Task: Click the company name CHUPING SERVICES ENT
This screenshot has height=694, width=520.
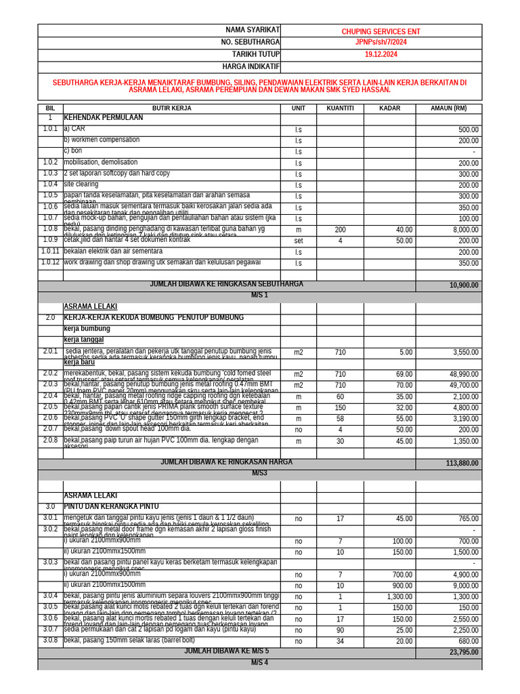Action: [381, 31]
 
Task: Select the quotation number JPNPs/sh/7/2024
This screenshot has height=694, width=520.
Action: [381, 43]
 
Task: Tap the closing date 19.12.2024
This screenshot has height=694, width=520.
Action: [381, 54]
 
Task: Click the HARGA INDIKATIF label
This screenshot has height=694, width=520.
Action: [251, 66]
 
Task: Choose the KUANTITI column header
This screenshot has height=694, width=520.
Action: [340, 108]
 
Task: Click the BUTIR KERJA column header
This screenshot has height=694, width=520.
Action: [171, 108]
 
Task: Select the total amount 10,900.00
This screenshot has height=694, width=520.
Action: [464, 286]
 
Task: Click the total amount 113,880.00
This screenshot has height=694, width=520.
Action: [462, 464]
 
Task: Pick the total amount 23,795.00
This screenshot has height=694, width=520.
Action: [464, 652]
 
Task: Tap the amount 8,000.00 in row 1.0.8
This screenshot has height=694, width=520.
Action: [465, 230]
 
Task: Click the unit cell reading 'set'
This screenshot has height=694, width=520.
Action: [298, 241]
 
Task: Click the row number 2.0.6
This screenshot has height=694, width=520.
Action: [50, 418]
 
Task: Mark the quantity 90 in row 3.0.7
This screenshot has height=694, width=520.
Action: [340, 630]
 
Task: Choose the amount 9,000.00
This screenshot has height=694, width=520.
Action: [465, 586]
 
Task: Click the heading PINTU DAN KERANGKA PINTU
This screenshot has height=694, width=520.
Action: [111, 506]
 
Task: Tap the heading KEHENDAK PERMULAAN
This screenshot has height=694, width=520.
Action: [104, 118]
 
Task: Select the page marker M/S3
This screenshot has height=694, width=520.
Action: [261, 473]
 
